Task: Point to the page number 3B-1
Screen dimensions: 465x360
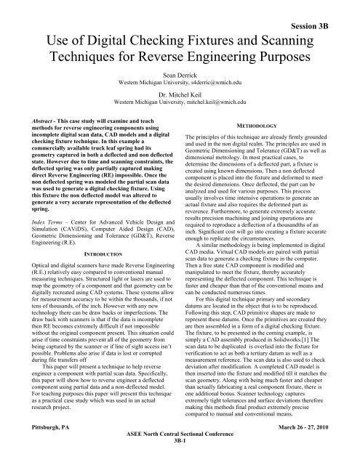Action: [x=180, y=458]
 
